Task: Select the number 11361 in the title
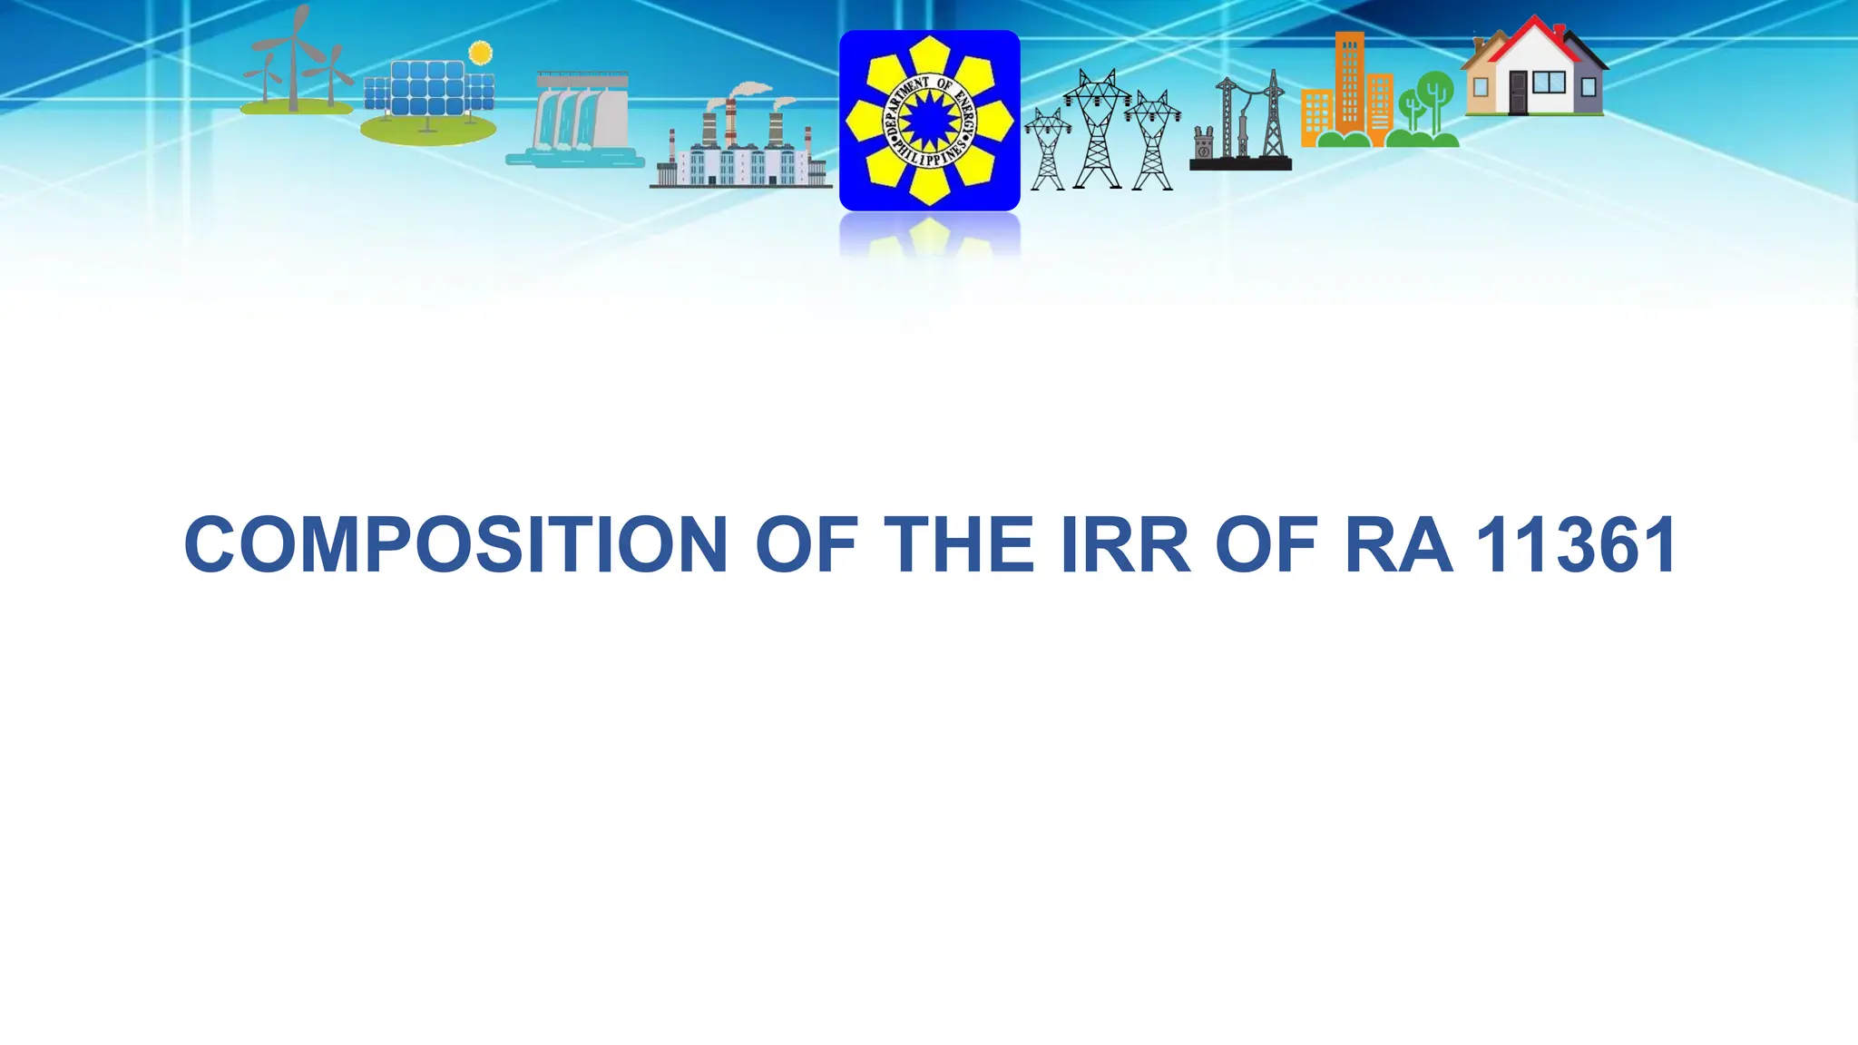(1576, 545)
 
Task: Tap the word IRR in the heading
(1124, 545)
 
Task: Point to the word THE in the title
(958, 545)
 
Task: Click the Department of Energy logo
(929, 121)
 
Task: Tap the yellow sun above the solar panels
(480, 53)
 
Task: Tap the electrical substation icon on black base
(1240, 127)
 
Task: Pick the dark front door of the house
(1518, 92)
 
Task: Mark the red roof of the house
(1533, 36)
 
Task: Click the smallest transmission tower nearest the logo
(1047, 150)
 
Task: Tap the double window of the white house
(1549, 83)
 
